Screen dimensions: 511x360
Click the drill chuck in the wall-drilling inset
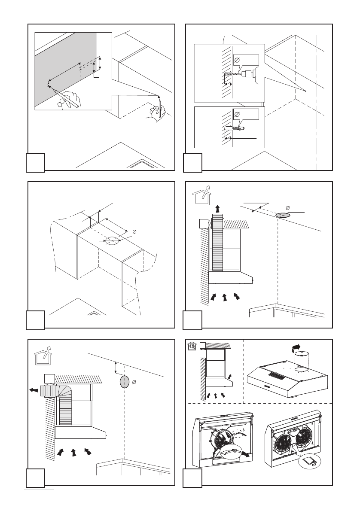pos(247,74)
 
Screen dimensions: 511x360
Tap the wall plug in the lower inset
pos(238,128)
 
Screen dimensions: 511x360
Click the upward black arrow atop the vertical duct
pos(218,209)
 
